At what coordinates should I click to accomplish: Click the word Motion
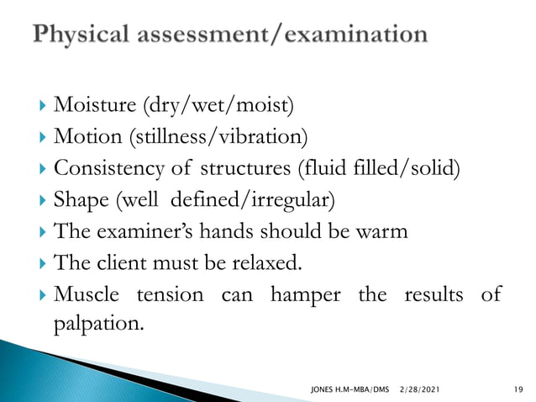click(x=82, y=136)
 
